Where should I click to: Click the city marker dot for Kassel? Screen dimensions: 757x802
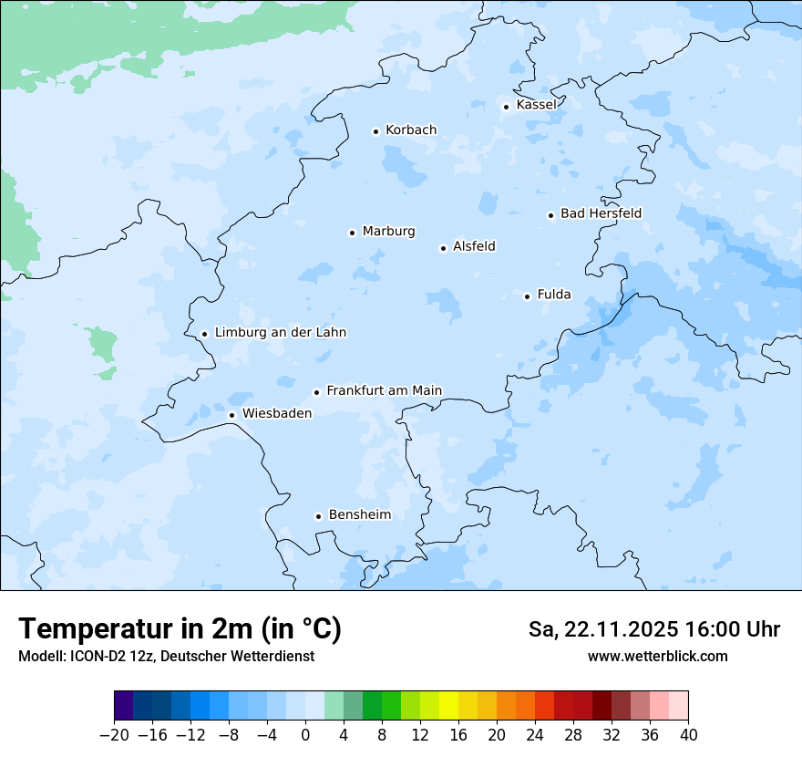(x=507, y=107)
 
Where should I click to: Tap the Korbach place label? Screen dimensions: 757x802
(x=410, y=130)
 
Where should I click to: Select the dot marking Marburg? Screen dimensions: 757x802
(x=352, y=233)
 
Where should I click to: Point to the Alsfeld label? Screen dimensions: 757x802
(x=474, y=246)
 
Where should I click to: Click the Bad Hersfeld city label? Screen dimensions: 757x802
(x=601, y=213)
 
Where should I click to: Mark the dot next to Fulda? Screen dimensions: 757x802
(x=527, y=296)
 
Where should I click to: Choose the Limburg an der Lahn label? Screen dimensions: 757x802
(x=280, y=333)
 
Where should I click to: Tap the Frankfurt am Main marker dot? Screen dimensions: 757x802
(x=317, y=392)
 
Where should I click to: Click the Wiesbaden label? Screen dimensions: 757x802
(x=276, y=413)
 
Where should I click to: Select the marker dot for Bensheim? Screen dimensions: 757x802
(x=318, y=516)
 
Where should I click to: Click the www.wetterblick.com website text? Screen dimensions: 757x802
(x=657, y=656)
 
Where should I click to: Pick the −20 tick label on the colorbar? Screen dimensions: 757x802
(x=114, y=734)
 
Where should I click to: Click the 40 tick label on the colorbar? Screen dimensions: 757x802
(x=688, y=734)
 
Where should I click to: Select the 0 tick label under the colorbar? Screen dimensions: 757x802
(x=305, y=734)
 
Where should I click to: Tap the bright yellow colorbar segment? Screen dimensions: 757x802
(x=448, y=706)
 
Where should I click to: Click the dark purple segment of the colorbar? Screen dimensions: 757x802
(x=124, y=706)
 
